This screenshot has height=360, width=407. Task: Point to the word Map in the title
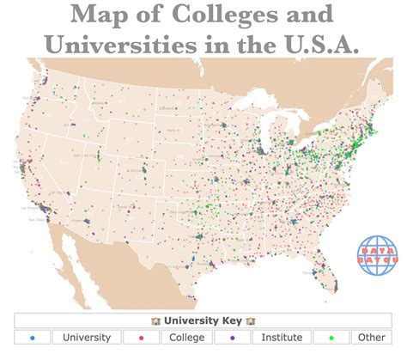pos(97,15)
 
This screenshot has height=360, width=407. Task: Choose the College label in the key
pos(187,338)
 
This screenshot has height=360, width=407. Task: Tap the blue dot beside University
pos(32,338)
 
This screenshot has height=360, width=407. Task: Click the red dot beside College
pos(139,338)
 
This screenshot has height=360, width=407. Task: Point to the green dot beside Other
pos(333,338)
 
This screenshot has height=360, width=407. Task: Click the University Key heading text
pos(203,320)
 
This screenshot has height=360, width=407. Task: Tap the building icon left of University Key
pos(155,320)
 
